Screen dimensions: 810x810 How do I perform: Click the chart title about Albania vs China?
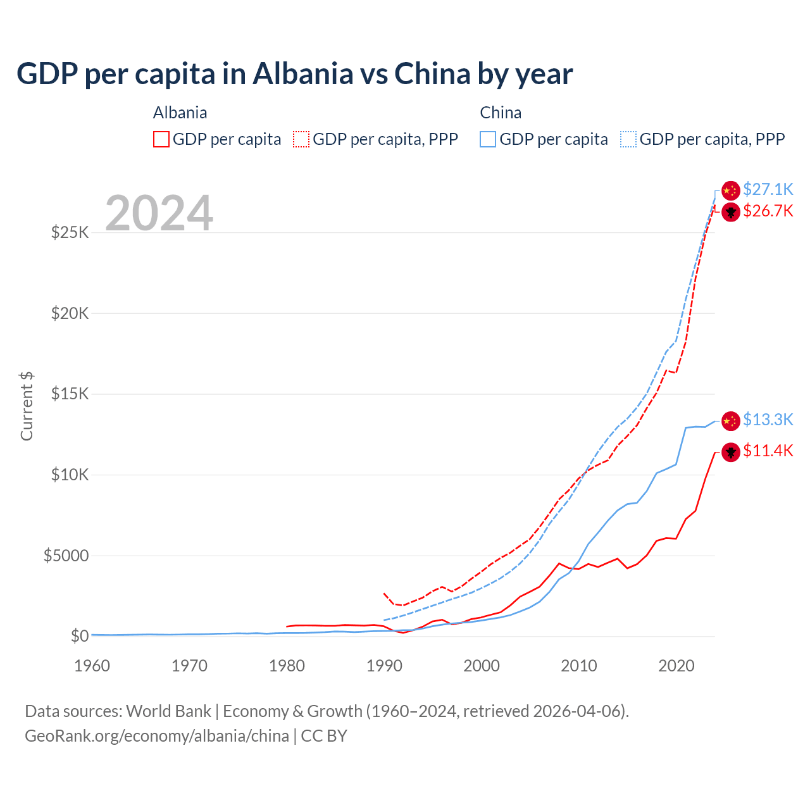[x=294, y=74]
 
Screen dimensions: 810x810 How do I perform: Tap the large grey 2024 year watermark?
[x=159, y=213]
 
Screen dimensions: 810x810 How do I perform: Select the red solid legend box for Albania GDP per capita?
[x=161, y=139]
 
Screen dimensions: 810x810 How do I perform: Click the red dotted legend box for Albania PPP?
[x=301, y=139]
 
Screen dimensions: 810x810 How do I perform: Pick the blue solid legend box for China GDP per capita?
[x=488, y=139]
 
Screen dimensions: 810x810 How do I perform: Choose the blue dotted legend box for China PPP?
[x=628, y=139]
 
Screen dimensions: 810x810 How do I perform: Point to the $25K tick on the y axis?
[x=70, y=232]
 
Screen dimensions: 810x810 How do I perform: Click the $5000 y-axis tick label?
[x=66, y=556]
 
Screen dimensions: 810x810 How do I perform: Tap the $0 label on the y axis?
[x=79, y=636]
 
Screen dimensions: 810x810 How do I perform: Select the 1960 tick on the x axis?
[x=92, y=666]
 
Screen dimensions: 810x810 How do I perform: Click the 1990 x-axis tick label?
[x=384, y=666]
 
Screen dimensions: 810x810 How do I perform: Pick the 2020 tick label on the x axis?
[x=676, y=666]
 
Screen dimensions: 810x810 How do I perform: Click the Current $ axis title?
[x=27, y=406]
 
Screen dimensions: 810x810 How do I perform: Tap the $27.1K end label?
[x=768, y=189]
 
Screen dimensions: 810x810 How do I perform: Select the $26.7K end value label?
[x=768, y=211]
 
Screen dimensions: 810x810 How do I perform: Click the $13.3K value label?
[x=768, y=420]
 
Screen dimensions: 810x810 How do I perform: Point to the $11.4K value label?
[x=768, y=451]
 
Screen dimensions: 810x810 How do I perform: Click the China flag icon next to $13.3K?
[x=731, y=421]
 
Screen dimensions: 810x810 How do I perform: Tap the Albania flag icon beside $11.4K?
[x=731, y=452]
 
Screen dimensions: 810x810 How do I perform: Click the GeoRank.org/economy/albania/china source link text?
[x=157, y=736]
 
